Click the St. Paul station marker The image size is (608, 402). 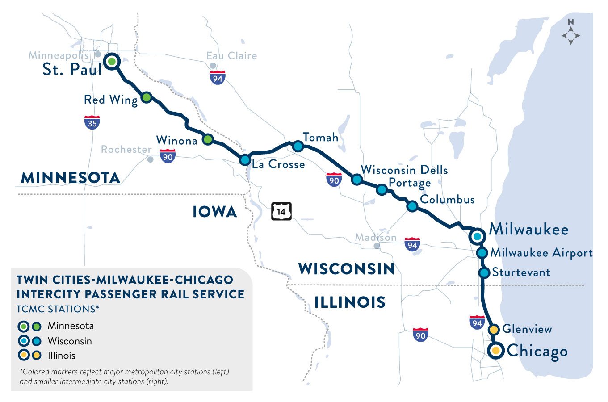(112, 61)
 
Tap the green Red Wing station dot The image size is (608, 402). (147, 97)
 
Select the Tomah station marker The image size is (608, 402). (298, 146)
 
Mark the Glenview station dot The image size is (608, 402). (494, 330)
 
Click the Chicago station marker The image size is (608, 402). (495, 351)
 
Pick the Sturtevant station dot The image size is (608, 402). (484, 272)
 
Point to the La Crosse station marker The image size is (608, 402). (245, 159)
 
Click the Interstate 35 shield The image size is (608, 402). (92, 122)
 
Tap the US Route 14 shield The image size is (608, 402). (281, 211)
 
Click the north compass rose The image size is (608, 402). (571, 34)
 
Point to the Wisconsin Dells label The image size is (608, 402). (404, 170)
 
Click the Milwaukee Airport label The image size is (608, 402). (541, 253)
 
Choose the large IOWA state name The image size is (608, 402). (215, 212)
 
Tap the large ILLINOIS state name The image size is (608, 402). (350, 302)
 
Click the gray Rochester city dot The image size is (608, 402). (151, 159)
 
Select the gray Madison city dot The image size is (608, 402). (377, 246)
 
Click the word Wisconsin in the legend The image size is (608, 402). (70, 341)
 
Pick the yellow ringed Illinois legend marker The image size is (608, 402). (24, 356)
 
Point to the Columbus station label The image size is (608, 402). (447, 200)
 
